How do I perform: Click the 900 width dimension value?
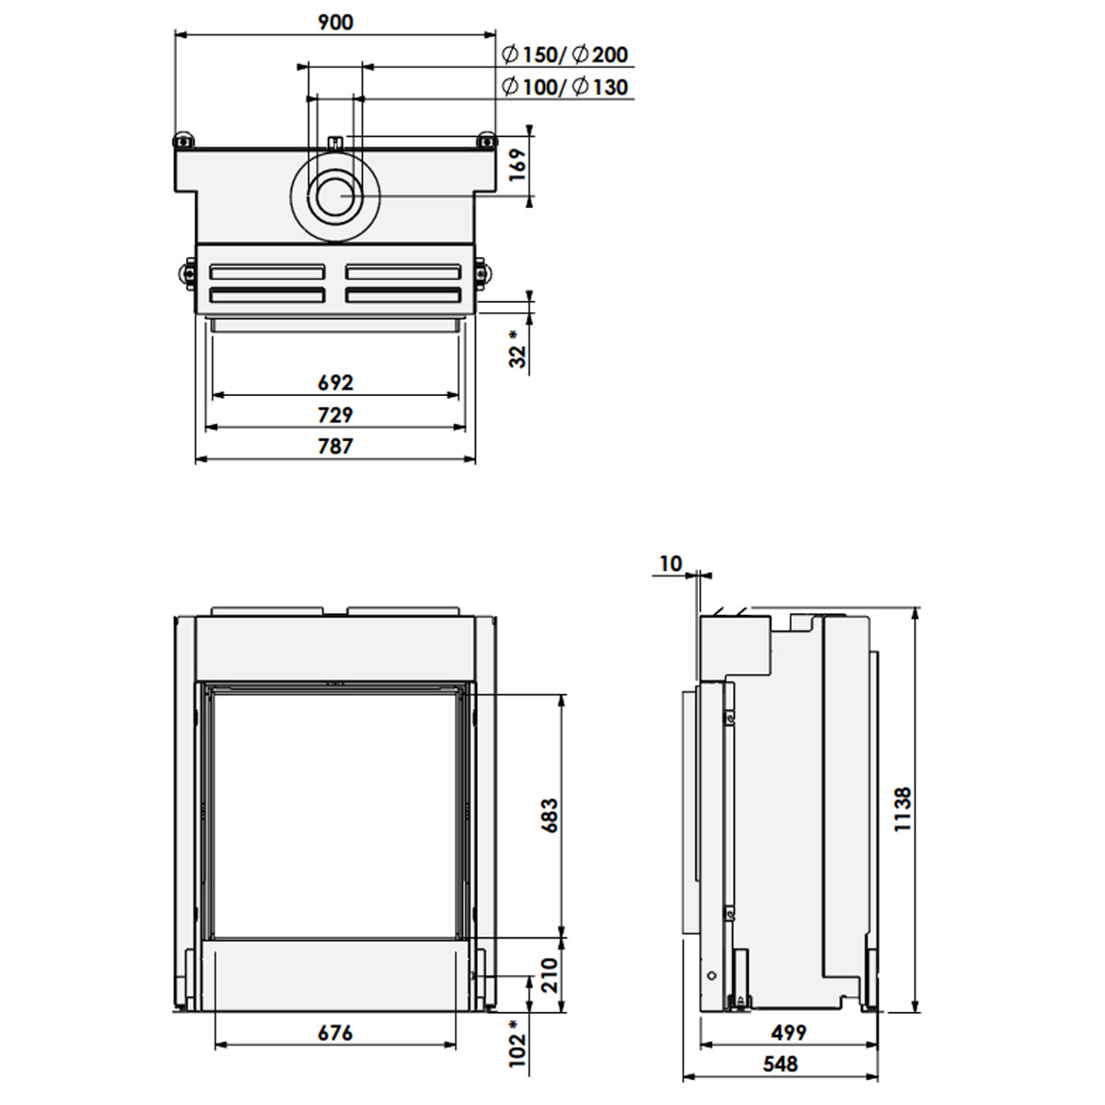[335, 22]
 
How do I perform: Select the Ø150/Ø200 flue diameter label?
[564, 55]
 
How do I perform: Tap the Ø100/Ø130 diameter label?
[564, 87]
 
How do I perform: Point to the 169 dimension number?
[518, 165]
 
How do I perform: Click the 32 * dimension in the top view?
[518, 349]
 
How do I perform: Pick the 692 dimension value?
[335, 382]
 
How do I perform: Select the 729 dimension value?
[335, 414]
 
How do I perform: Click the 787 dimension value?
[335, 446]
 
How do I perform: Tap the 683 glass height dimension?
[550, 816]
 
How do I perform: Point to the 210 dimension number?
[550, 975]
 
